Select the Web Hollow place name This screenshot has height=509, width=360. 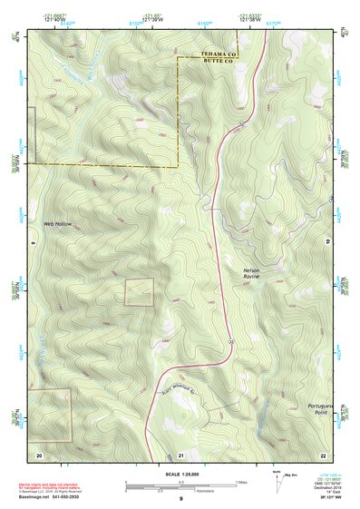pos(56,223)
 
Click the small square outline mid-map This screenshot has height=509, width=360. pos(139,291)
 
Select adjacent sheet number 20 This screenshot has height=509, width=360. pos(39,453)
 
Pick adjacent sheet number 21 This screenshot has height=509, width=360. pos(180,453)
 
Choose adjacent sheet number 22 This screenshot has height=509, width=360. pos(322,453)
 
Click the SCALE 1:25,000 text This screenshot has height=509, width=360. pos(180,475)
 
